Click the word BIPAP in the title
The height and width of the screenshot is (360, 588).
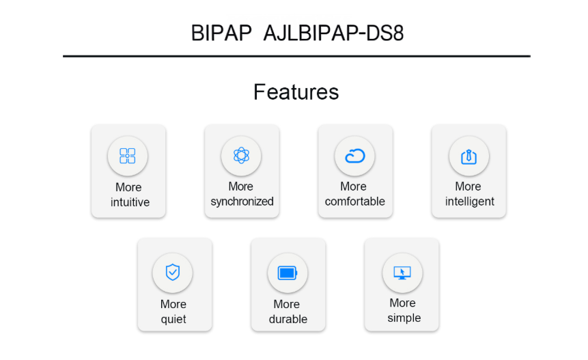221,33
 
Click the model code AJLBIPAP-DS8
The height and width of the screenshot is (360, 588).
333,33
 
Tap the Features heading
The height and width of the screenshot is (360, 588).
296,92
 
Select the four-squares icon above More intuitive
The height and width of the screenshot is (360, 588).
128,156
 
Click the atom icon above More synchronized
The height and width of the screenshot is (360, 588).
241,155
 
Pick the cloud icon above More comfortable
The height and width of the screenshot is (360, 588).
354,156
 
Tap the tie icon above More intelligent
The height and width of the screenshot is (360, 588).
468,156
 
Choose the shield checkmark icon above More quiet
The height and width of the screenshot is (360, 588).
173,273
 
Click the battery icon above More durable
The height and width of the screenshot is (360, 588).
288,273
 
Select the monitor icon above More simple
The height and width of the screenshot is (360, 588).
402,273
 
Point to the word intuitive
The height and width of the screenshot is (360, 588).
130,202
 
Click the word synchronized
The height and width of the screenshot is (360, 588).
242,202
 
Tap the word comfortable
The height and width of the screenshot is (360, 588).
354,202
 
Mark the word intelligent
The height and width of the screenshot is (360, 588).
469,202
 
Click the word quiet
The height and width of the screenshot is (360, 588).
173,320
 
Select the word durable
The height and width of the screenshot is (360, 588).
288,319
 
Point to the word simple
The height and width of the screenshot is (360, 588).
404,318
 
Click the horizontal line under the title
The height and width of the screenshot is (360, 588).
296,56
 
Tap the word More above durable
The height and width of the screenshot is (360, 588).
287,304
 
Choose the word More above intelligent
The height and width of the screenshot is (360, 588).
468,186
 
